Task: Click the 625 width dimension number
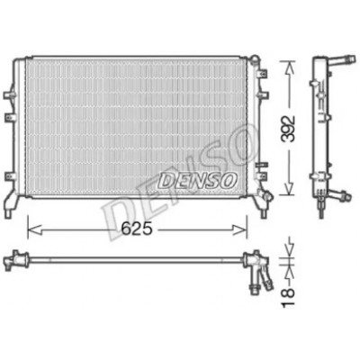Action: coord(137,229)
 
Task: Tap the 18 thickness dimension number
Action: coord(288,297)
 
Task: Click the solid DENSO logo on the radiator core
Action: coord(197,181)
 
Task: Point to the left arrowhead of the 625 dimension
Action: coord(34,230)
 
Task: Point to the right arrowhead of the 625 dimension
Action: coord(239,230)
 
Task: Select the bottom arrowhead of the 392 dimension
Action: coord(289,188)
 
